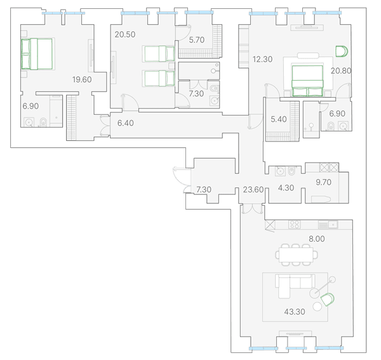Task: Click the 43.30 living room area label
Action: (x=295, y=312)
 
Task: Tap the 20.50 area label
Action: (x=125, y=34)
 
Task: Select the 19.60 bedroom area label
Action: (x=82, y=79)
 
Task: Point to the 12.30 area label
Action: (x=262, y=59)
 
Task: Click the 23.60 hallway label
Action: (x=253, y=189)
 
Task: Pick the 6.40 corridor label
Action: (x=125, y=123)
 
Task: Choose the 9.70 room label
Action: (x=323, y=182)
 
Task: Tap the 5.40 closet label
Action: (x=279, y=119)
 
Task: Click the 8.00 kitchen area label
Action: (x=317, y=239)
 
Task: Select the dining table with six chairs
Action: (x=296, y=255)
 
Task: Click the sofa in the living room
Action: (x=295, y=286)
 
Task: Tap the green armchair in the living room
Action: (x=327, y=299)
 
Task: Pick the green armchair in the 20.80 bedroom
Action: (x=342, y=51)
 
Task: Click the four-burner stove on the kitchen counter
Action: (x=294, y=225)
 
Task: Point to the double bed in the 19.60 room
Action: (x=37, y=54)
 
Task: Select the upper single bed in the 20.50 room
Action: (x=159, y=53)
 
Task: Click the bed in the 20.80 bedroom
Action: (x=307, y=81)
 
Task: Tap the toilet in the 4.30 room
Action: (x=291, y=171)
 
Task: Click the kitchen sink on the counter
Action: (x=333, y=225)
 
